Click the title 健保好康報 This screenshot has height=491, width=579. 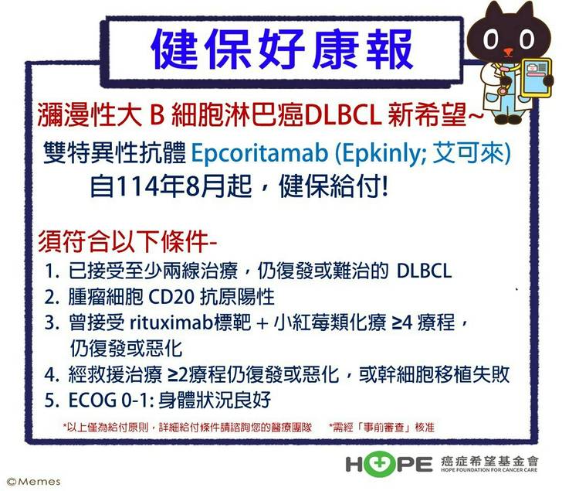(282, 49)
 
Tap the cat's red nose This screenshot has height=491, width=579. (508, 51)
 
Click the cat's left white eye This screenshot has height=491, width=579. (490, 39)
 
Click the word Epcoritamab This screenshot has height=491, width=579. (259, 152)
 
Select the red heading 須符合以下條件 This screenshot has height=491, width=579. (123, 242)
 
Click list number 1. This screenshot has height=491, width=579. (52, 271)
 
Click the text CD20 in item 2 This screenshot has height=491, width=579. (171, 297)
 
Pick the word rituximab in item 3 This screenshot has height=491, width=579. (171, 322)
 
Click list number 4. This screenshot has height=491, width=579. (52, 374)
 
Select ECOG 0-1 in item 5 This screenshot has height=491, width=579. (110, 401)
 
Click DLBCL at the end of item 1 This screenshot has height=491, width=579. (425, 271)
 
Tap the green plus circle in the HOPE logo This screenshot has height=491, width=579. (375, 463)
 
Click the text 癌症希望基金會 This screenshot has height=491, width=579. (489, 461)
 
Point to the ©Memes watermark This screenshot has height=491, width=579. (34, 482)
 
